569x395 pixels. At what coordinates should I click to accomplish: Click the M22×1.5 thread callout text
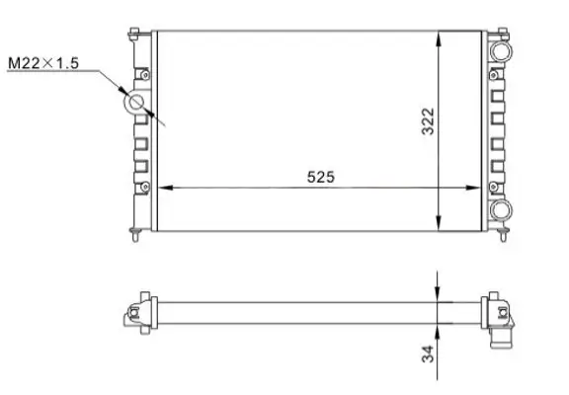coord(42,65)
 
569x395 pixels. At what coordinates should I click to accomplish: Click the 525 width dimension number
coord(321,177)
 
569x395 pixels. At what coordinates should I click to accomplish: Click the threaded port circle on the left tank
coord(134,102)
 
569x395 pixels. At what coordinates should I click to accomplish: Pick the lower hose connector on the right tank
coord(502,209)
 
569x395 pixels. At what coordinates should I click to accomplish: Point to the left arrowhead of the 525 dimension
coord(165,187)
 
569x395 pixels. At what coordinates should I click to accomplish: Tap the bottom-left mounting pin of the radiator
coord(132,233)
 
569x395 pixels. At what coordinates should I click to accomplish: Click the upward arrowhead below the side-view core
coord(439,329)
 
